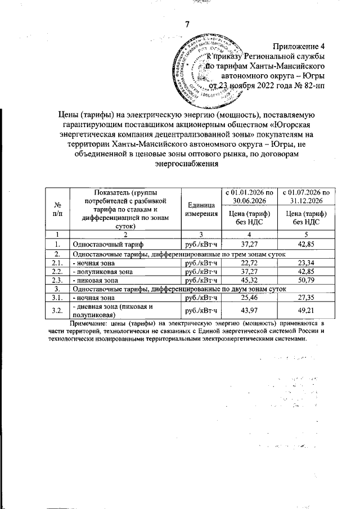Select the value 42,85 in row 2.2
pyautogui.click(x=307, y=271)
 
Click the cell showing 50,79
pyautogui.click(x=307, y=280)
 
